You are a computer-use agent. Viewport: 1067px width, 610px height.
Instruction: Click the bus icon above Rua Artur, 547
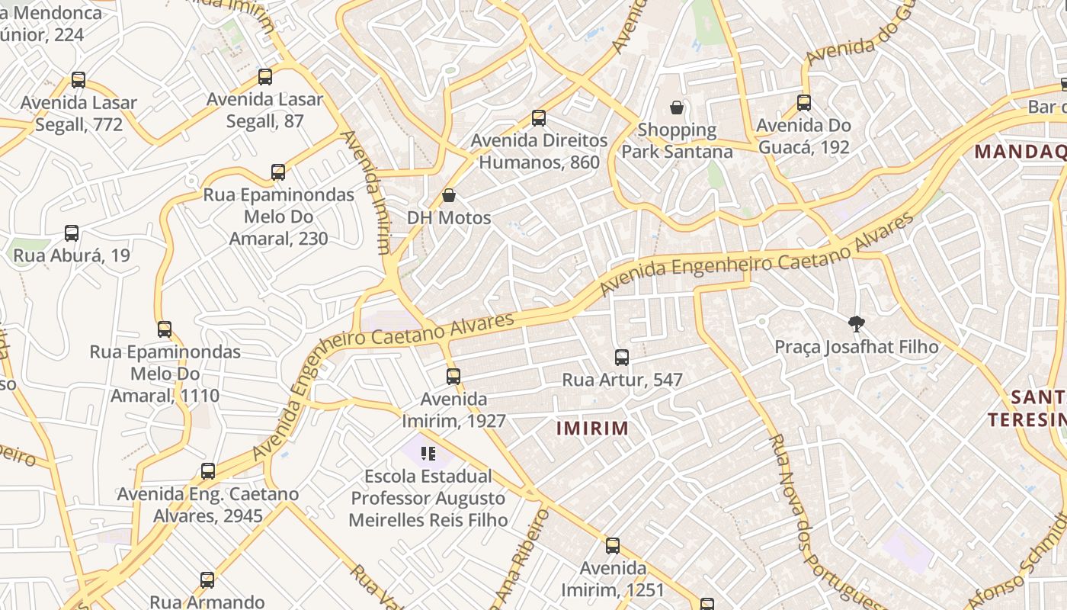pyautogui.click(x=622, y=357)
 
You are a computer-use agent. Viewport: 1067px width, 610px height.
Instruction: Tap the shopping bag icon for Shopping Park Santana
pyautogui.click(x=676, y=108)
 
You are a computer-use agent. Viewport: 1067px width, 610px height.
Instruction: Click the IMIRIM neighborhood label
pyautogui.click(x=592, y=429)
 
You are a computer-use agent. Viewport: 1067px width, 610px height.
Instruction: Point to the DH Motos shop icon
pyautogui.click(x=449, y=196)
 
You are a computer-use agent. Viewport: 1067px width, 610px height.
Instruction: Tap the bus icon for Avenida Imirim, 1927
pyautogui.click(x=453, y=377)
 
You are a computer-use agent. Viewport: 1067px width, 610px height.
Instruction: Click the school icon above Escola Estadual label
pyautogui.click(x=428, y=454)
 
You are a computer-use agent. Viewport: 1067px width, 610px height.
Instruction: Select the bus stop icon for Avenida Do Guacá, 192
pyautogui.click(x=803, y=103)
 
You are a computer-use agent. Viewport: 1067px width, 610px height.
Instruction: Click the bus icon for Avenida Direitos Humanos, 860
pyautogui.click(x=539, y=118)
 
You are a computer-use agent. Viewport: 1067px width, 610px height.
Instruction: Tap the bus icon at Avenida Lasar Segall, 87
pyautogui.click(x=265, y=77)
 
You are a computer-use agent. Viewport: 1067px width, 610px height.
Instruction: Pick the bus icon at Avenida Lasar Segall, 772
pyautogui.click(x=78, y=80)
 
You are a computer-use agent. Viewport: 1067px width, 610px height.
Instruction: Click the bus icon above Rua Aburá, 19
pyautogui.click(x=72, y=233)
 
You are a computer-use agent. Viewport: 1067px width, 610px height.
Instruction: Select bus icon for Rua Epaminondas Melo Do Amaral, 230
pyautogui.click(x=278, y=172)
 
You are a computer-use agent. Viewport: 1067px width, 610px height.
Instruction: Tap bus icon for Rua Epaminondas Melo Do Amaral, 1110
pyautogui.click(x=165, y=329)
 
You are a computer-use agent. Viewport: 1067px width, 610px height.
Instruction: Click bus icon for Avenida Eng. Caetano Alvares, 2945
pyautogui.click(x=208, y=471)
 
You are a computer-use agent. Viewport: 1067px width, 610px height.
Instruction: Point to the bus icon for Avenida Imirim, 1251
pyautogui.click(x=613, y=546)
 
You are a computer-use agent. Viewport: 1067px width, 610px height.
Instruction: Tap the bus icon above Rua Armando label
pyautogui.click(x=207, y=580)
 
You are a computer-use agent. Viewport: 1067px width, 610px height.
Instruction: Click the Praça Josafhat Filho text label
pyautogui.click(x=857, y=347)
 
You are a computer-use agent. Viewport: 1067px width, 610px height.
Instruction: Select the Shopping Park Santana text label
pyautogui.click(x=677, y=141)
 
